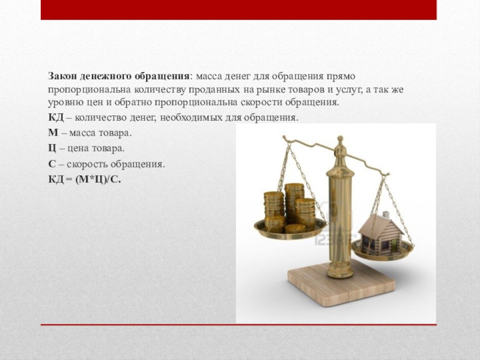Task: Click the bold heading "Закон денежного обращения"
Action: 118,77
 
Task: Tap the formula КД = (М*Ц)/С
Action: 85,179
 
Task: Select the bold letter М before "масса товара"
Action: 53,133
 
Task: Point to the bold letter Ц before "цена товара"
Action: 52,148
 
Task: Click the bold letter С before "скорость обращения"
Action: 52,164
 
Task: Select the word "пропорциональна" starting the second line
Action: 89,90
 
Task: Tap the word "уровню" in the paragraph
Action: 64,103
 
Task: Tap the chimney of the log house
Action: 386,214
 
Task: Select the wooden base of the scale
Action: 341,284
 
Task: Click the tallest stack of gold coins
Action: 294,202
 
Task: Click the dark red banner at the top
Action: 238,10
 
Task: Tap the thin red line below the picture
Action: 238,325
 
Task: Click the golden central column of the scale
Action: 340,220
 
